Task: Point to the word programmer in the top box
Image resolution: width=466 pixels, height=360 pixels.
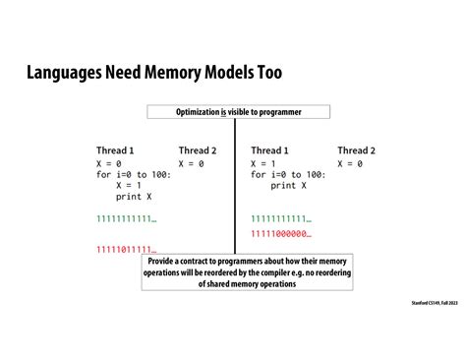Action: (x=278, y=112)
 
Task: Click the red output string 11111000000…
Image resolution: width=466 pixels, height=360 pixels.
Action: (x=280, y=233)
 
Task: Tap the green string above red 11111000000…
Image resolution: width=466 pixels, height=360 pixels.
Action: (x=280, y=217)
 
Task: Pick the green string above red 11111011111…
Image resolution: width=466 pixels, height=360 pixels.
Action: (x=126, y=217)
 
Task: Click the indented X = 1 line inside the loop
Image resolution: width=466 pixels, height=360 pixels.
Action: (x=129, y=184)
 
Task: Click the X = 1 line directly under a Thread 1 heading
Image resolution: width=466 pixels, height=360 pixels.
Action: (x=268, y=162)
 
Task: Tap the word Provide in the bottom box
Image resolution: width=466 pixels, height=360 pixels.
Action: (x=164, y=262)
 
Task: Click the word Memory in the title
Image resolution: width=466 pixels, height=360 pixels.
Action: (x=155, y=75)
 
